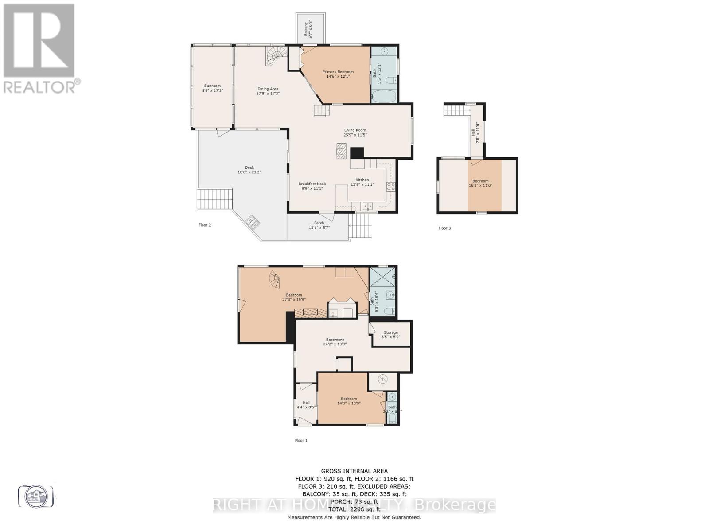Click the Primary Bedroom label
coord(338,72)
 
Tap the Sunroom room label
coord(212,86)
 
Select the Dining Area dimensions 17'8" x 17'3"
coord(268,94)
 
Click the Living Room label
coord(355,130)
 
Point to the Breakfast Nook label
coord(312,184)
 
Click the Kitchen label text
coord(362,180)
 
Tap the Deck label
coord(249,168)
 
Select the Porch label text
coord(319,223)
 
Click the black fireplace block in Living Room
coord(357,153)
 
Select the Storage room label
coord(391,332)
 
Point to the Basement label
coord(335,340)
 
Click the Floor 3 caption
coord(444,228)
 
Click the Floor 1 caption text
coord(301,440)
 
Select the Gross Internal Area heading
coord(354,471)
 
